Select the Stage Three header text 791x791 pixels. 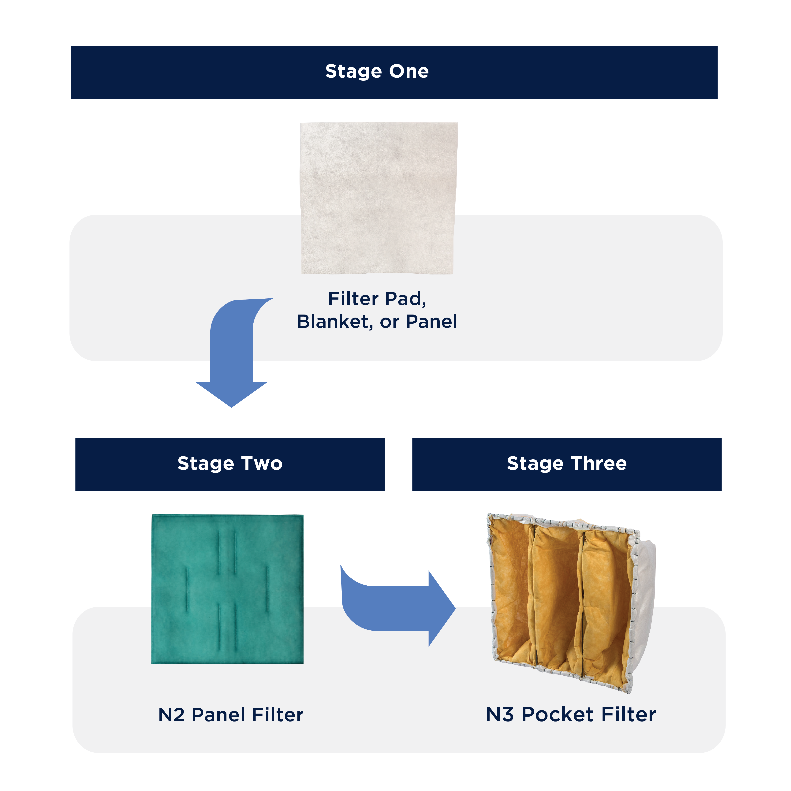point(567,464)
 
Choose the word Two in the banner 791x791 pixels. point(262,464)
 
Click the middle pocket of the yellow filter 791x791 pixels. point(557,598)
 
